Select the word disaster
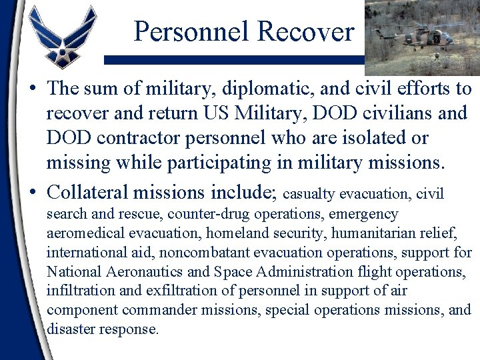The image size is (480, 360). click(69, 329)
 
